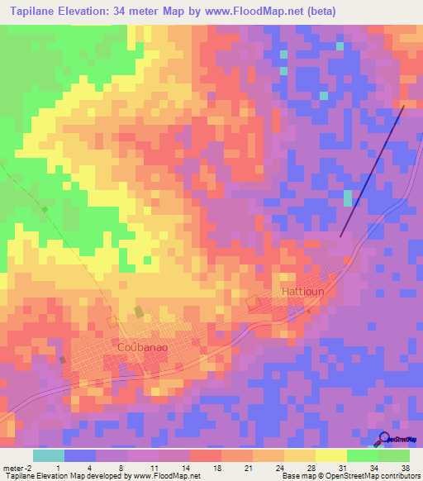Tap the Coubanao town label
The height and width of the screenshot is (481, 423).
(143, 347)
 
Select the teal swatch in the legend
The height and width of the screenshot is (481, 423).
(48, 455)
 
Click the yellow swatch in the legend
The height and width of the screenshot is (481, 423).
(330, 455)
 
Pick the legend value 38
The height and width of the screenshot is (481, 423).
(405, 468)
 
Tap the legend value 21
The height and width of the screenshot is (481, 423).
(248, 468)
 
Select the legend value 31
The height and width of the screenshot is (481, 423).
(342, 468)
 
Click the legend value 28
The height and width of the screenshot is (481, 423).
(311, 468)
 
